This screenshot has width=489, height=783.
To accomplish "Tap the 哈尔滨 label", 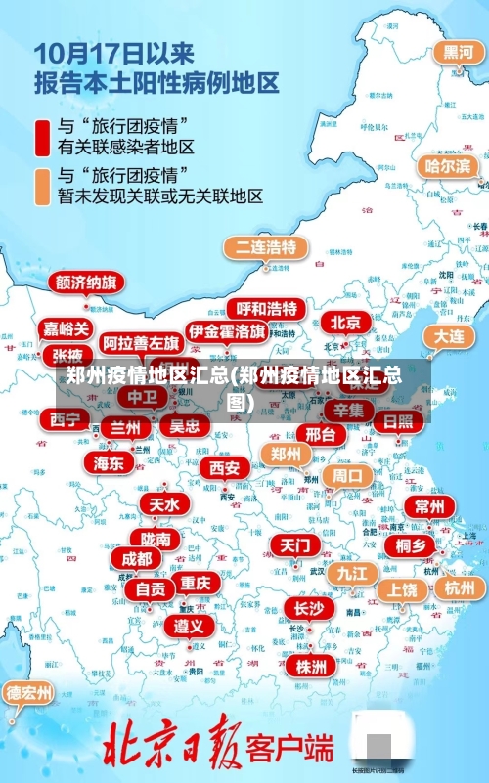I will click(446, 166).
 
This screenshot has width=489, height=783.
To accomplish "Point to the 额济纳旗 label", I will click(87, 283).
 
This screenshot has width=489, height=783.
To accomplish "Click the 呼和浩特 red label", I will click(267, 309).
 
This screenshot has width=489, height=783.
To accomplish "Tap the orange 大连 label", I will click(449, 335).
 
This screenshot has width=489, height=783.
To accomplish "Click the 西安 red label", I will click(225, 468).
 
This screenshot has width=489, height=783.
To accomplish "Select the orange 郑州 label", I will click(286, 454).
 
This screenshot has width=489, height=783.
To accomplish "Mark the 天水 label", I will click(164, 504).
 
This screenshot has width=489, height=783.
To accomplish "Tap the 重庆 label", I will click(196, 583).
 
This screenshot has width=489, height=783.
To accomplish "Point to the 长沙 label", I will click(308, 608).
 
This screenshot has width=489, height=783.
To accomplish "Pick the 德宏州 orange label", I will click(29, 693).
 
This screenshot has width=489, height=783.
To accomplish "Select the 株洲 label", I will click(311, 666).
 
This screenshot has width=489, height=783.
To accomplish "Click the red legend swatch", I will click(43, 137).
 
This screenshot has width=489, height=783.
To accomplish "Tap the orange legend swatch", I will click(43, 186).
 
